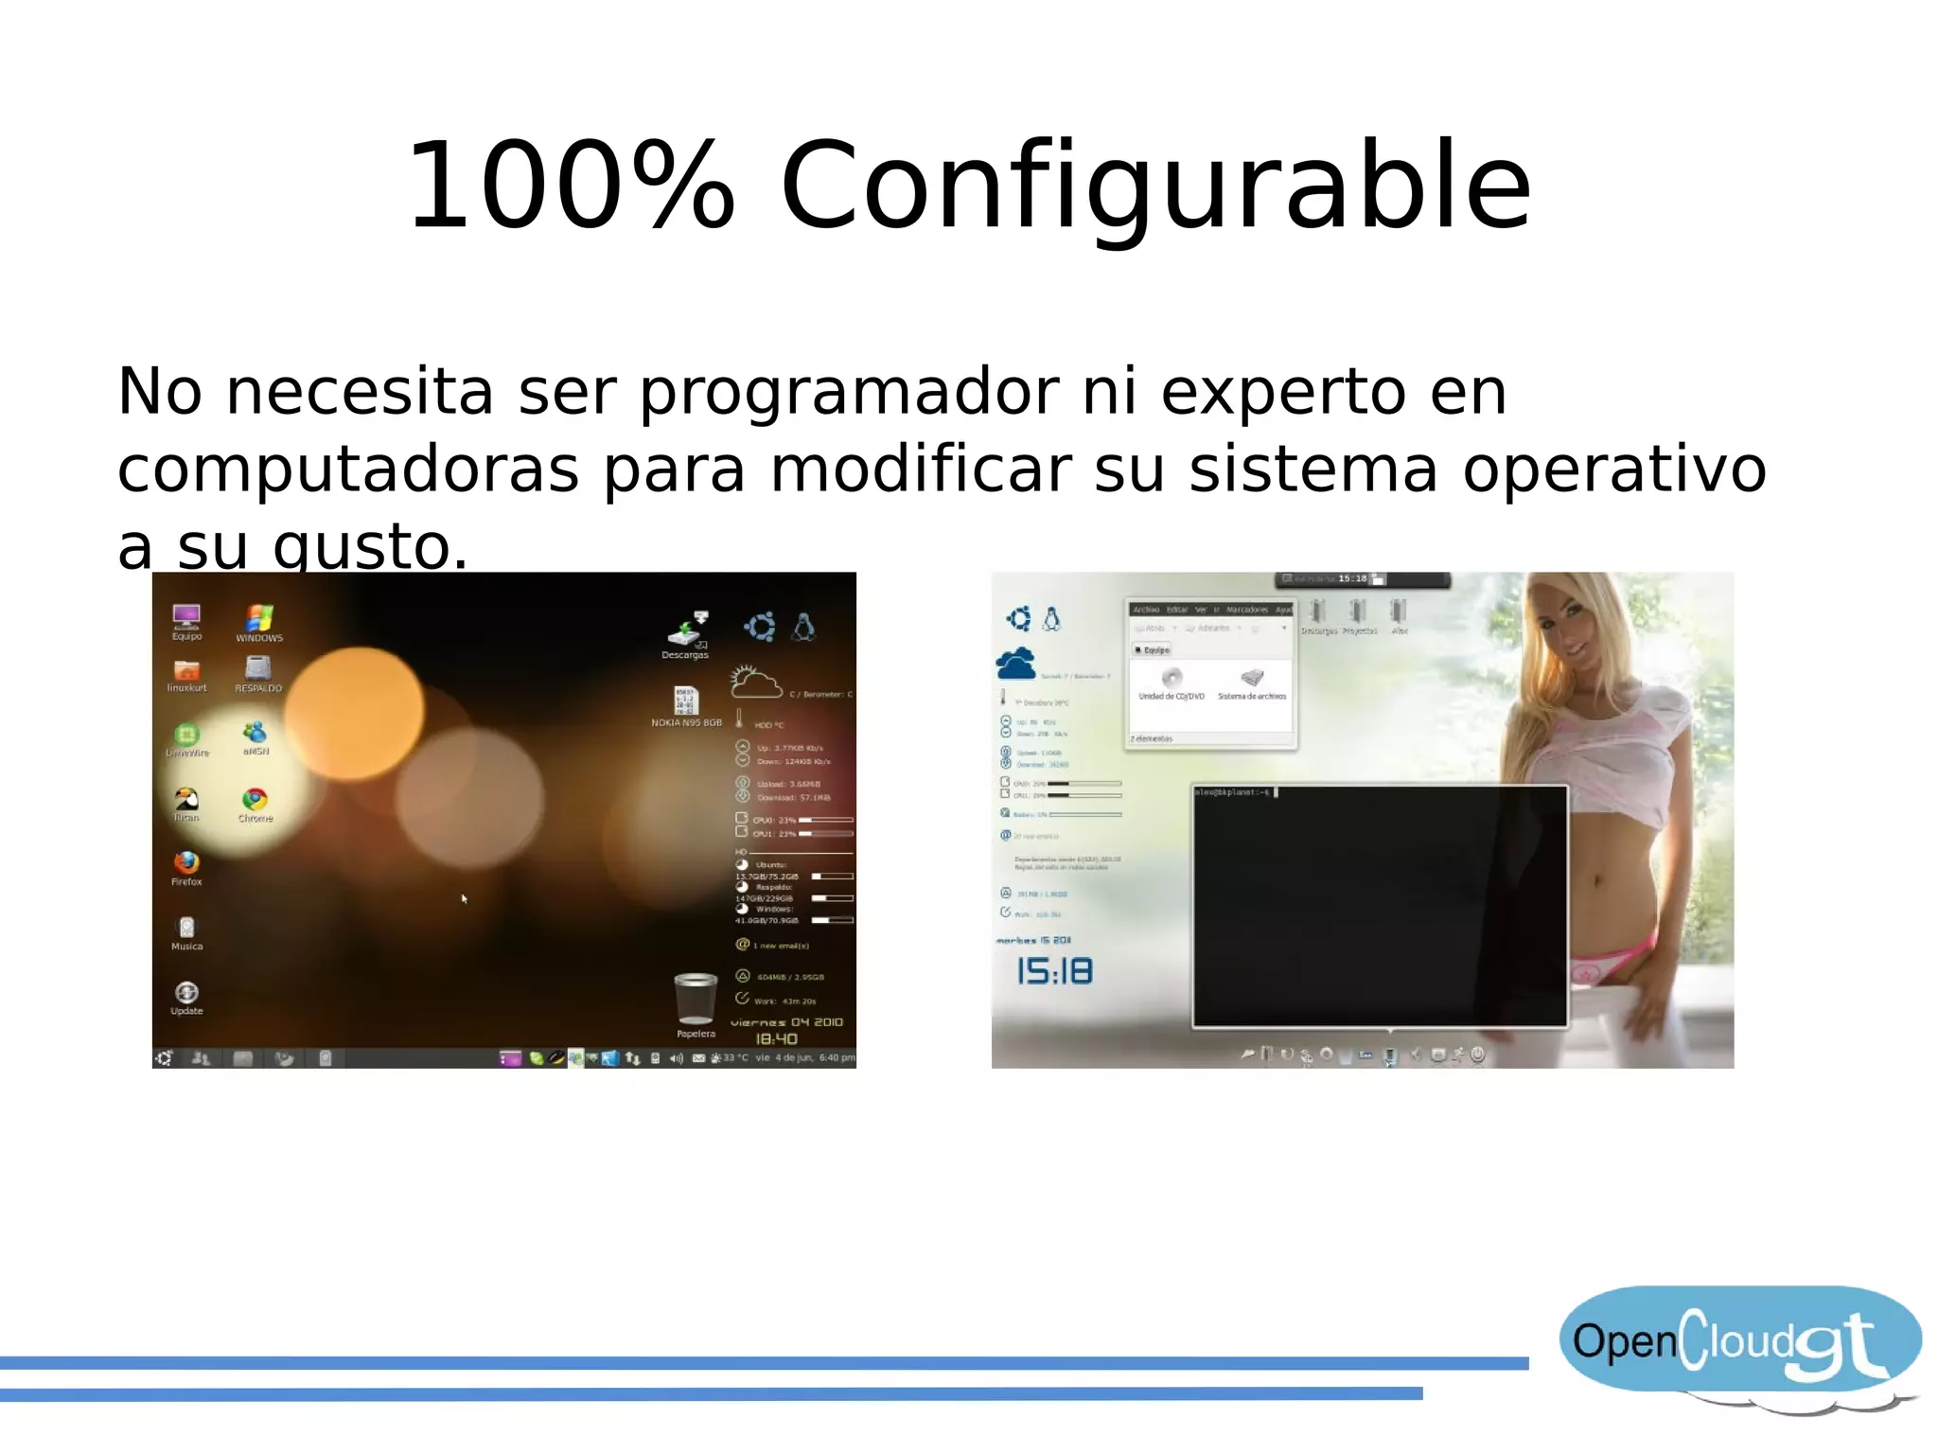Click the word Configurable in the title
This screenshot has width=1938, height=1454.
point(1154,186)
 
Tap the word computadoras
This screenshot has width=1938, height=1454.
point(347,470)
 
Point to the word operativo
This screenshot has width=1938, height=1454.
point(1613,470)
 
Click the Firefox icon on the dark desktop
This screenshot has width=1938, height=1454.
point(186,863)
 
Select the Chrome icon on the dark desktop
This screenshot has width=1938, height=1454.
point(255,800)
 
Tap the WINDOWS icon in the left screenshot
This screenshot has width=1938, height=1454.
point(258,619)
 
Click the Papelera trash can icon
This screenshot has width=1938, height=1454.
point(696,998)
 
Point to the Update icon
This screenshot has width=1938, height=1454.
point(186,993)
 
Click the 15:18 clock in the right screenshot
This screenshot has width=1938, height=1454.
point(1054,972)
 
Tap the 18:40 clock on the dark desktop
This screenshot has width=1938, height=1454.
point(776,1039)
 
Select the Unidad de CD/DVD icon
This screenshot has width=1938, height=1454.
point(1172,679)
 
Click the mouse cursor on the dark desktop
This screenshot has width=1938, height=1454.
point(464,898)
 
